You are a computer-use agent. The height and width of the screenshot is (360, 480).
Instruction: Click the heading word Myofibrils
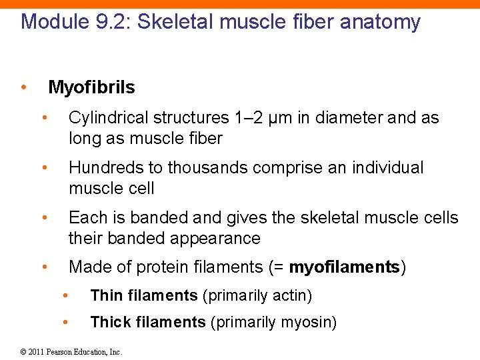pyautogui.click(x=91, y=87)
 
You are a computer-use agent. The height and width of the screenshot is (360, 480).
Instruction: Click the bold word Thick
pyautogui.click(x=108, y=323)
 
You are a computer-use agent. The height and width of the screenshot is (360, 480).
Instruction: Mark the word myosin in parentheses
pyautogui.click(x=306, y=323)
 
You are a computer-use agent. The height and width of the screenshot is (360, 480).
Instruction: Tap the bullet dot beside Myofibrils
pyautogui.click(x=23, y=87)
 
